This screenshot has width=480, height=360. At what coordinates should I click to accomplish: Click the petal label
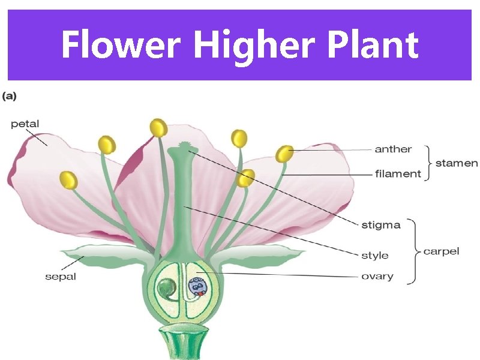click(25, 124)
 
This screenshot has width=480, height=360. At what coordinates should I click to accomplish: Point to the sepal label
click(61, 277)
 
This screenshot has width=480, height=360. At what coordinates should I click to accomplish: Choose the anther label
click(393, 149)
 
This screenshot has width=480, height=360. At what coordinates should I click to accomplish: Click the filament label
click(398, 173)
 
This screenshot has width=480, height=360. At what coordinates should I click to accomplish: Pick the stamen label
click(457, 163)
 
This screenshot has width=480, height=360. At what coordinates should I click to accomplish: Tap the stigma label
click(380, 225)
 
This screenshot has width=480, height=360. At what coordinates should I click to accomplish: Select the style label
click(374, 255)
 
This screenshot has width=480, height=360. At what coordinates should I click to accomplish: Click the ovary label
click(377, 276)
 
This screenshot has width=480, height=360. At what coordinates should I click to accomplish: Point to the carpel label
click(441, 251)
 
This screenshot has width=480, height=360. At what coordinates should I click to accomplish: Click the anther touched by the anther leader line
click(284, 154)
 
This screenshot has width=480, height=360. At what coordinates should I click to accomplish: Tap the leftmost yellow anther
click(69, 179)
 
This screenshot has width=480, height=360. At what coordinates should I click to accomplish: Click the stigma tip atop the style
click(182, 146)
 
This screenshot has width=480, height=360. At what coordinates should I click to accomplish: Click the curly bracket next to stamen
click(428, 162)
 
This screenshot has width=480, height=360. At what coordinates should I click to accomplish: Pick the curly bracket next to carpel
click(414, 251)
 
